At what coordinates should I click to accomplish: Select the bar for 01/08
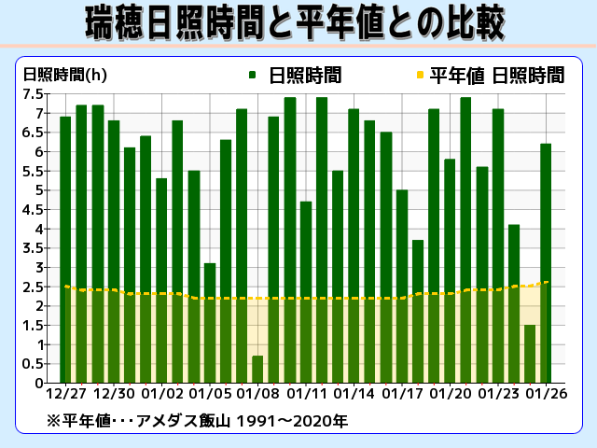(x=257, y=370)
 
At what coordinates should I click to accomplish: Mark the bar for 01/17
(x=402, y=286)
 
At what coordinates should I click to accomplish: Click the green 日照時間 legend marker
(x=253, y=75)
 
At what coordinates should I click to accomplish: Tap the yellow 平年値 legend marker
(x=420, y=75)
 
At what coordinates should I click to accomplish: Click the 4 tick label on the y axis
(x=40, y=229)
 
